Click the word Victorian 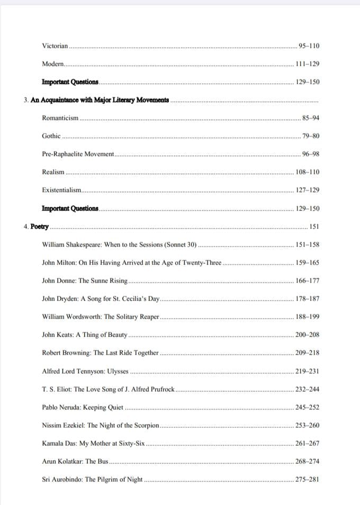coord(55,46)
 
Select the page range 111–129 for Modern coord(308,64)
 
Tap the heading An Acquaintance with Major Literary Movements coord(100,100)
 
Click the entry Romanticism coord(60,118)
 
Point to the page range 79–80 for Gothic coord(311,136)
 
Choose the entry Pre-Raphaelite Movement coord(78,154)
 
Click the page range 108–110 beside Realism coord(308,172)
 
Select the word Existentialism coord(61,190)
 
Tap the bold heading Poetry coord(40,227)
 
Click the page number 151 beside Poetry coord(314,227)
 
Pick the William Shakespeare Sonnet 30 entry coord(119,245)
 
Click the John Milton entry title coord(132,263)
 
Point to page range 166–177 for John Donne coord(308,281)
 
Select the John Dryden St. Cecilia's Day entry coord(101,299)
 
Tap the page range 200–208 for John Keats coord(308,335)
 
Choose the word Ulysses coord(118,371)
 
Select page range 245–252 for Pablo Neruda coord(308,407)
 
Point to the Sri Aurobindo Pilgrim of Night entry coord(92,480)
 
